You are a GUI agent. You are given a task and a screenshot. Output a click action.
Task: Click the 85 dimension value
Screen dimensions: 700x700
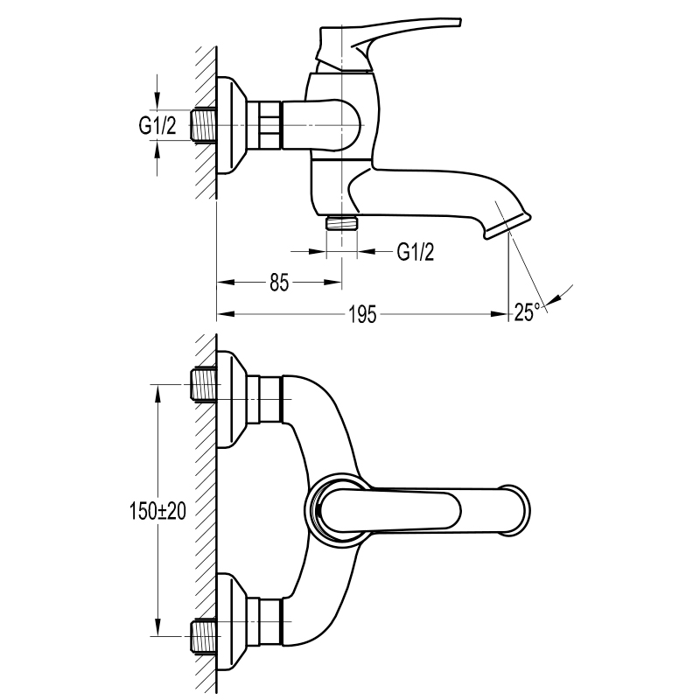tap(279, 283)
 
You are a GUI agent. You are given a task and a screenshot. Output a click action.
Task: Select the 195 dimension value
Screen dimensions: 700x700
tap(362, 315)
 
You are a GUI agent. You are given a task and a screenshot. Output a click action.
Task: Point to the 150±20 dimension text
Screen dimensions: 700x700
tap(157, 511)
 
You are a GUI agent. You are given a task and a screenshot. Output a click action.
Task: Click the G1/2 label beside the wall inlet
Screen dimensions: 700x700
tap(157, 125)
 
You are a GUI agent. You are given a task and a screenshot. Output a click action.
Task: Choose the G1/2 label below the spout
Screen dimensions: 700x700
tap(415, 252)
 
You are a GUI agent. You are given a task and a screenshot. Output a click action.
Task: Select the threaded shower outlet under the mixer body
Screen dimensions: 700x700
tap(341, 222)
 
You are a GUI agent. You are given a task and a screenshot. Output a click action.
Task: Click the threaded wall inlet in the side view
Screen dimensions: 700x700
tap(203, 125)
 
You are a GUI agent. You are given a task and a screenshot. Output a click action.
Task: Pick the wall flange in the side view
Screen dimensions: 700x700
tap(231, 125)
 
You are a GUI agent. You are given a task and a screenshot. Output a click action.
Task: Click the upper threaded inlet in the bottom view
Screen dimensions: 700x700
tap(204, 384)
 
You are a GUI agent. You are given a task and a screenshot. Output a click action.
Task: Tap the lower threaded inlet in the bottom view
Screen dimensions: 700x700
tap(204, 636)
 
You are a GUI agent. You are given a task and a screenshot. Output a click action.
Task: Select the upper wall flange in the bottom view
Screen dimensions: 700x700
tap(231, 399)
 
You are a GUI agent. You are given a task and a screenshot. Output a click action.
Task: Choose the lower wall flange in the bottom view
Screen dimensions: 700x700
tap(231, 621)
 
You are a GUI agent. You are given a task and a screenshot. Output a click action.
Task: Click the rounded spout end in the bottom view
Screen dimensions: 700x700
tap(518, 509)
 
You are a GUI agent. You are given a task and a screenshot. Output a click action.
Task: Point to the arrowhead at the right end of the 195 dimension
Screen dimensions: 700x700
tap(499, 314)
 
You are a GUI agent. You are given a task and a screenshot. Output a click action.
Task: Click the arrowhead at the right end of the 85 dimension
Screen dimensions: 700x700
tap(333, 282)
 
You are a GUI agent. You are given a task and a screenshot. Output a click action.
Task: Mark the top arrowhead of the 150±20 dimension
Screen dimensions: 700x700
tap(157, 393)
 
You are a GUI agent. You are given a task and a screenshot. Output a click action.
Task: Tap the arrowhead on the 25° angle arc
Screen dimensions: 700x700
tap(554, 299)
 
